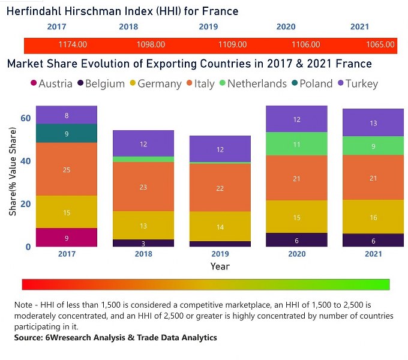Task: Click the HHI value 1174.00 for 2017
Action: pos(73,44)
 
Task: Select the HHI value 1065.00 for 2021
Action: pos(380,44)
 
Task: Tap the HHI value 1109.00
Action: pos(232,44)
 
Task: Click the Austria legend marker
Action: pos(33,84)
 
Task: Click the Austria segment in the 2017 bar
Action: pos(66,238)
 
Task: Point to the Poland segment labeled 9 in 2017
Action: pos(66,134)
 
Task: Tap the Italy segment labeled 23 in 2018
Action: pos(143,187)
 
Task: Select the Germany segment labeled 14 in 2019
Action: pos(220,227)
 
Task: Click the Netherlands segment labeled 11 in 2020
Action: pos(297,144)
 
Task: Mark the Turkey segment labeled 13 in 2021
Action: pos(374,123)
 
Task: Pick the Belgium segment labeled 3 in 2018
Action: pos(143,243)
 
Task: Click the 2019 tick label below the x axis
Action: pos(220,253)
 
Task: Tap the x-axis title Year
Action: pos(220,266)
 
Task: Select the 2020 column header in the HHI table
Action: pos(286,27)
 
